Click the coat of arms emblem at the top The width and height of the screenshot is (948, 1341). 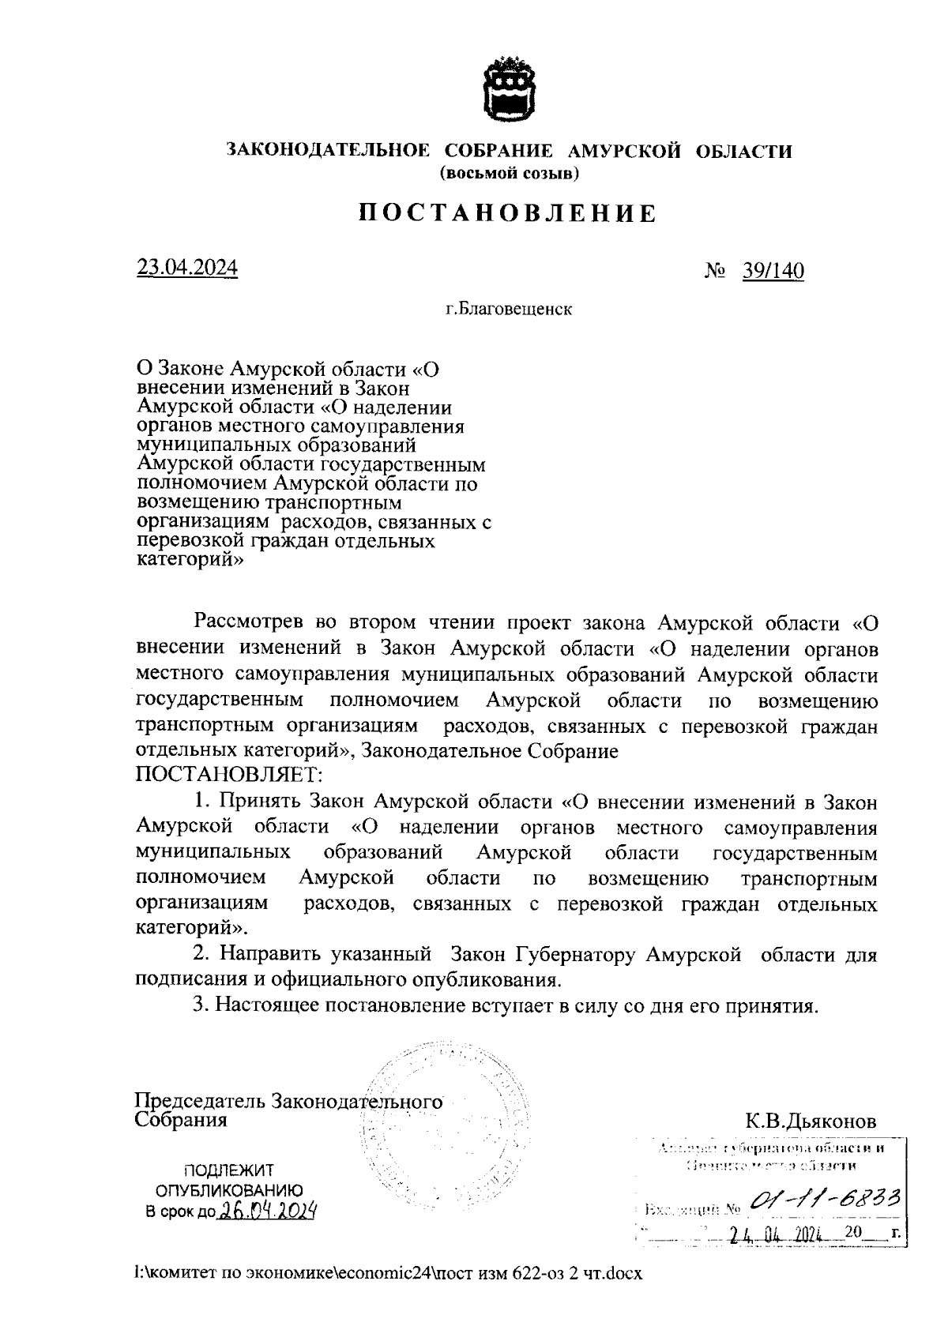509,88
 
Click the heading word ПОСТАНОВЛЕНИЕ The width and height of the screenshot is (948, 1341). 508,214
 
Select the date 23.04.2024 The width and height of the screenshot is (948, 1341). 187,269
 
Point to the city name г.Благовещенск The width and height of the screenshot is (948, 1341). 508,310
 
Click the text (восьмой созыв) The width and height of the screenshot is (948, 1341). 509,172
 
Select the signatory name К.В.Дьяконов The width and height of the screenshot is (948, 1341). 810,1121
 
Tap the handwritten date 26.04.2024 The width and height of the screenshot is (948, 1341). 267,1210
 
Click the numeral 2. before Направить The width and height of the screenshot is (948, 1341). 202,954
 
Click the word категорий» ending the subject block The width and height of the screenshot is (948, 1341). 185,560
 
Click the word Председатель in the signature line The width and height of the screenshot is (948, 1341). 201,1101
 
